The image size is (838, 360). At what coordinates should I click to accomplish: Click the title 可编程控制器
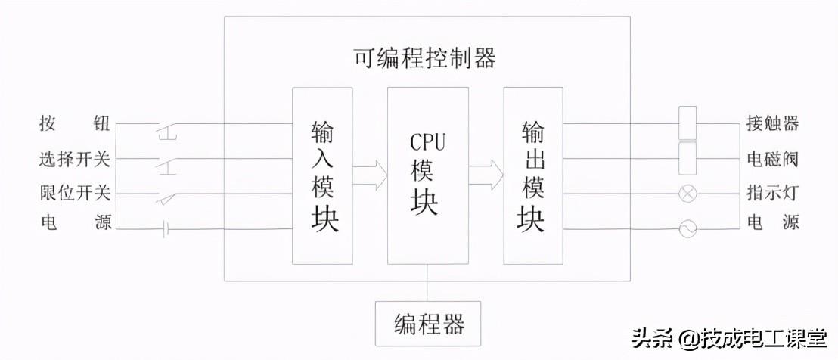pyautogui.click(x=425, y=58)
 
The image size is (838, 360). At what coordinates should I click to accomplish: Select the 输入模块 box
pyautogui.click(x=323, y=175)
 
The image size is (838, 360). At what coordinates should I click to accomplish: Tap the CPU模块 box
pyautogui.click(x=427, y=175)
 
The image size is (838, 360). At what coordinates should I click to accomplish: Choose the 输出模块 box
pyautogui.click(x=532, y=175)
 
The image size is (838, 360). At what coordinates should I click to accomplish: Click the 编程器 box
pyautogui.click(x=428, y=324)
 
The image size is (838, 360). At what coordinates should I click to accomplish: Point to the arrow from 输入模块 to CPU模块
pyautogui.click(x=370, y=175)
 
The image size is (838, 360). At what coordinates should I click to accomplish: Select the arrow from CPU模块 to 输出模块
pyautogui.click(x=486, y=175)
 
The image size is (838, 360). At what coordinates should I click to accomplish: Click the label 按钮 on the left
pyautogui.click(x=74, y=123)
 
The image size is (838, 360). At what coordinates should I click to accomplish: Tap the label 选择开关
pyautogui.click(x=74, y=159)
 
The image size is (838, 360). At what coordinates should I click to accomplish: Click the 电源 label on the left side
pyautogui.click(x=74, y=223)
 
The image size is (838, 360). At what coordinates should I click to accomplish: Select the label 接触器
pyautogui.click(x=772, y=123)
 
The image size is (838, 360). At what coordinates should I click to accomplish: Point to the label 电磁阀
pyautogui.click(x=772, y=159)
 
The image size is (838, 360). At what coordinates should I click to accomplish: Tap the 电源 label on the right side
pyautogui.click(x=772, y=223)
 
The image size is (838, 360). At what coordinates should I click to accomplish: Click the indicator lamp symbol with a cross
pyautogui.click(x=687, y=194)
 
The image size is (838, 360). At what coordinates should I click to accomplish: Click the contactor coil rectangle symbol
pyautogui.click(x=687, y=123)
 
